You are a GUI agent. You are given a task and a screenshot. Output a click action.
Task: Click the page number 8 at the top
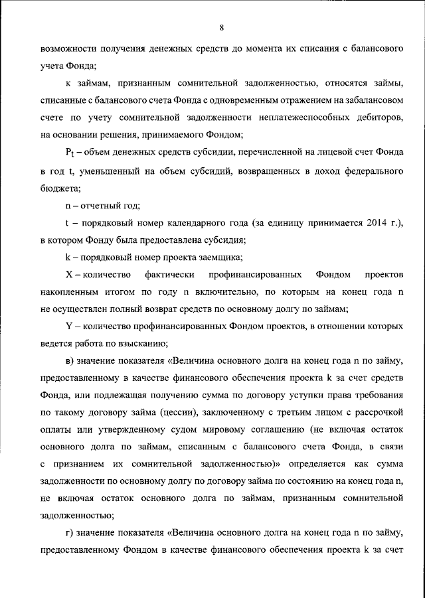point(220,27)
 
